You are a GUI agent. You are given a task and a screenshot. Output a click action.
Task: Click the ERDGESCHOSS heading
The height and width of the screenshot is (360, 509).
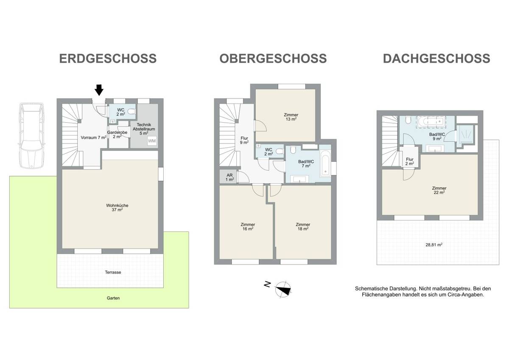108,58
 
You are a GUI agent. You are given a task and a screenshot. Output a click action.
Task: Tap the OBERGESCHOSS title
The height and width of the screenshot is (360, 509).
273,58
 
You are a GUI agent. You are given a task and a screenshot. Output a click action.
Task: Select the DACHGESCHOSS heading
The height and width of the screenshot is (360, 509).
436,58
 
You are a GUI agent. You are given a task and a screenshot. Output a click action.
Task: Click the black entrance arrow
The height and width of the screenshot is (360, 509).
99,90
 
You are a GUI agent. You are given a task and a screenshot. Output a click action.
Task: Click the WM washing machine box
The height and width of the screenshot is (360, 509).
152,141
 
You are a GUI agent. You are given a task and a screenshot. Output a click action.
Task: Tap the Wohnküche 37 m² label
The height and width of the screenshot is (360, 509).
117,208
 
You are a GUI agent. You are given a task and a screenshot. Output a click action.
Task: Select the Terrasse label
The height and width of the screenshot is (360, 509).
113,272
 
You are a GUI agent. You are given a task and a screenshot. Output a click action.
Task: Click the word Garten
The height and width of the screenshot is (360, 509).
113,298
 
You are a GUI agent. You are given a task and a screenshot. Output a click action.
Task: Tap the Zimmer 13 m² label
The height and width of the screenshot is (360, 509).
291,117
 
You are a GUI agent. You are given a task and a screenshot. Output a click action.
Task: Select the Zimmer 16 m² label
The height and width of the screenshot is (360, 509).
247,226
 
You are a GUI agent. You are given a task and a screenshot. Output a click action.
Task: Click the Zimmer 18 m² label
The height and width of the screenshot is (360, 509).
303,226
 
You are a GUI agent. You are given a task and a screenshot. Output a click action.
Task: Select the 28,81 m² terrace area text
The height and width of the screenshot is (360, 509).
434,245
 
